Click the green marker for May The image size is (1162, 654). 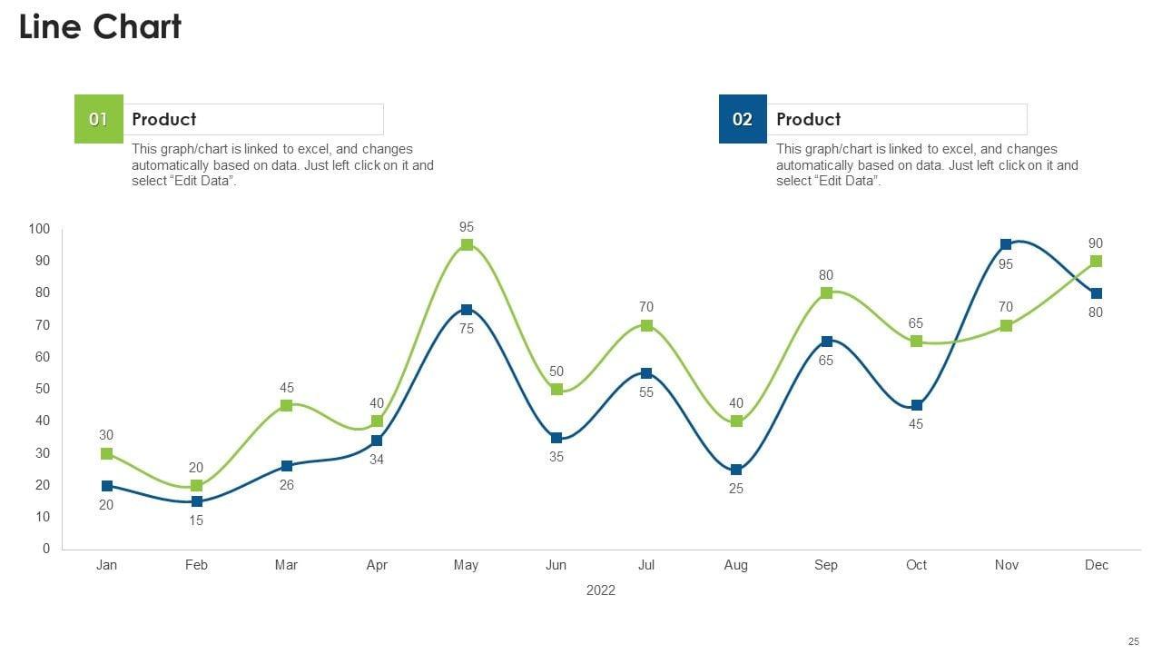467,245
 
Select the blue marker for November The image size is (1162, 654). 1006,245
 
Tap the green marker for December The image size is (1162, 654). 1096,262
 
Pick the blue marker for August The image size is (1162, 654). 736,470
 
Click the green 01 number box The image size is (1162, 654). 98,119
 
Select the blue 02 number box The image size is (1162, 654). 743,119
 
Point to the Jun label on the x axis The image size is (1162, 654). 556,565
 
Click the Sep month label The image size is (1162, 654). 826,565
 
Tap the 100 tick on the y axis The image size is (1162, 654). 39,229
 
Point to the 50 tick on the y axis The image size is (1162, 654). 43,389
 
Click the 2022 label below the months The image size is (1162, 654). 600,590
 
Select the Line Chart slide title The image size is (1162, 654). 100,27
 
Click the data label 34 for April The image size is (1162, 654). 377,460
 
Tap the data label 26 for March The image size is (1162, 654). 286,485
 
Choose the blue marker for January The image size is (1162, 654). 107,486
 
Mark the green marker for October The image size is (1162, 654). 916,342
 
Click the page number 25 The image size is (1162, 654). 1133,641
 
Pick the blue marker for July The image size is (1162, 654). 646,373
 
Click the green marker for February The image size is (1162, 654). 196,486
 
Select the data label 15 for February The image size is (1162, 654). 196,521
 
